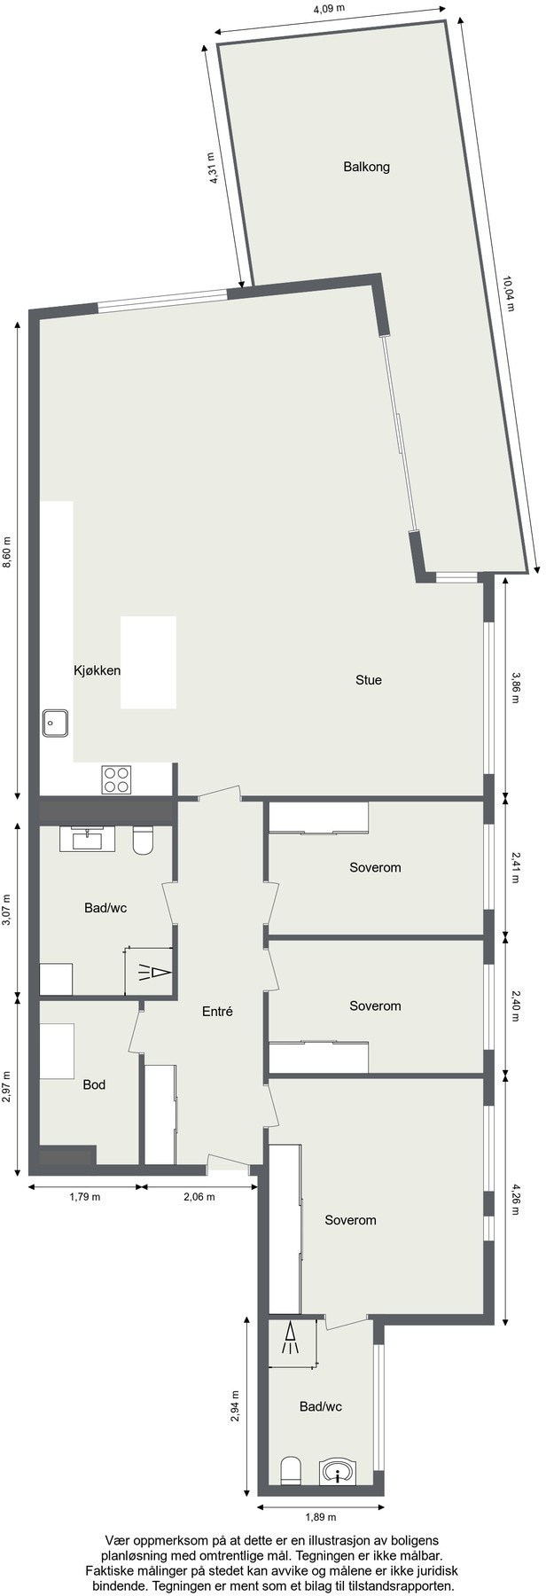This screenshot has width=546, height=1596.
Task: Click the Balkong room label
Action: [x=366, y=167]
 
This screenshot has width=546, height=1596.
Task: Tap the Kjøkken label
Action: [x=97, y=670]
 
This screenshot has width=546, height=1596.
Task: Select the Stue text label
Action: [x=369, y=680]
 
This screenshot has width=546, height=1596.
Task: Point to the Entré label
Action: [x=217, y=1011]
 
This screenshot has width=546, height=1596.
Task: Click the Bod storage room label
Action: [x=94, y=1084]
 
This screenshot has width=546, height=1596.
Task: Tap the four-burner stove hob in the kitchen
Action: [x=116, y=778]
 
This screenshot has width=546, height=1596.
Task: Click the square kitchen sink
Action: [x=57, y=723]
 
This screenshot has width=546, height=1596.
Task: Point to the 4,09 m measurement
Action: [x=329, y=10]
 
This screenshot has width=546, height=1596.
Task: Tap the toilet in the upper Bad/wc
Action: [x=144, y=841]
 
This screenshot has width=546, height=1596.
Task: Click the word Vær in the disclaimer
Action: [x=118, y=1541]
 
